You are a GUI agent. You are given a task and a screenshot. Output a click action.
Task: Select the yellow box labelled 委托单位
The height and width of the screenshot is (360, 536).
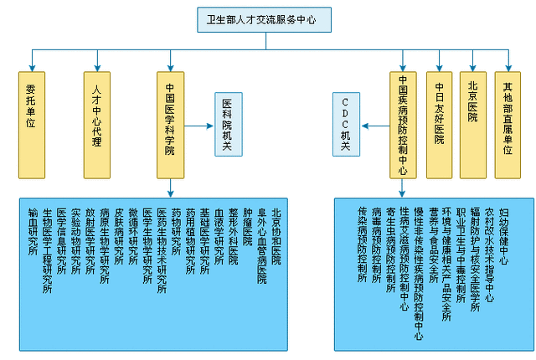tap(32, 124)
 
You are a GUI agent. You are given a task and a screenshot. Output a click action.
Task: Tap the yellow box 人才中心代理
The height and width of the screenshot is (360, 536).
tap(97, 124)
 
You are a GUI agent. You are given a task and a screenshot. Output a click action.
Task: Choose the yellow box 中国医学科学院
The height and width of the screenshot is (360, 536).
tap(170, 124)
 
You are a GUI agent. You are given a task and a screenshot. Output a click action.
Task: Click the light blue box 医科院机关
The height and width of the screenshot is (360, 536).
tap(228, 124)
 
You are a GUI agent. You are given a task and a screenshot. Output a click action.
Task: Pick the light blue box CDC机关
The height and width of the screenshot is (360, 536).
tap(346, 124)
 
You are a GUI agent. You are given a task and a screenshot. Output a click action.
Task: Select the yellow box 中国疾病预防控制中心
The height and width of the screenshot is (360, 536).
tap(403, 124)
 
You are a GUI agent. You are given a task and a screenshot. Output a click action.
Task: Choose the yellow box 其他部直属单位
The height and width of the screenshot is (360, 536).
tap(508, 124)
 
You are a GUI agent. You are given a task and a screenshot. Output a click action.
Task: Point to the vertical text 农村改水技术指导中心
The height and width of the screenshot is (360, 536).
tap(489, 251)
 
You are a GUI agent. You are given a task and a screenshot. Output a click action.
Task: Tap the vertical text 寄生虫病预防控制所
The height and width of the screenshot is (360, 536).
tap(391, 251)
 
